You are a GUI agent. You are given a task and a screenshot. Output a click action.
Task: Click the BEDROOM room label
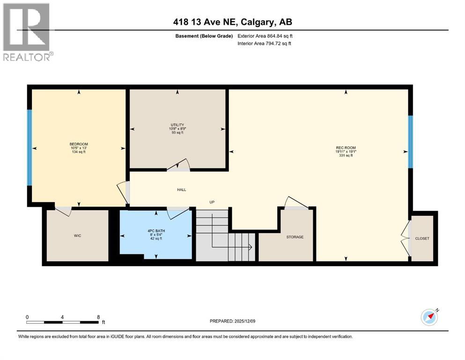tap(79, 144)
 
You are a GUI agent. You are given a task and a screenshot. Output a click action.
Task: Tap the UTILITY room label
tap(177, 124)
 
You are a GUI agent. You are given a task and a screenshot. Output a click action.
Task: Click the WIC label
tap(77, 235)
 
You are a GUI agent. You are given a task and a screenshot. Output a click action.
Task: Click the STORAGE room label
tap(295, 237)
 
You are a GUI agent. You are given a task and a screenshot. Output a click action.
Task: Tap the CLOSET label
tap(422, 238)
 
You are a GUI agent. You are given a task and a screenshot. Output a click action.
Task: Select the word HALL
tap(182, 190)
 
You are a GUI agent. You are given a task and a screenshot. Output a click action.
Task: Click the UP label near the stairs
tap(212, 202)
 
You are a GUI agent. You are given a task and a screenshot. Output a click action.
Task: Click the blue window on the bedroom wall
tap(29, 147)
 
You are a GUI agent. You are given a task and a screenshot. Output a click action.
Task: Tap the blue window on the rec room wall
tap(410, 142)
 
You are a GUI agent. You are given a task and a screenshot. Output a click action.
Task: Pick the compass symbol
tap(429, 317)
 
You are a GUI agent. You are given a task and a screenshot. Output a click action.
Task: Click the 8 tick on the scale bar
tap(98, 317)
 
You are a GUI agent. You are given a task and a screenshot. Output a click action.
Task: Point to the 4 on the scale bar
tap(62, 317)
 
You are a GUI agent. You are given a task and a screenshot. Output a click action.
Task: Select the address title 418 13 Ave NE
tap(232, 22)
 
